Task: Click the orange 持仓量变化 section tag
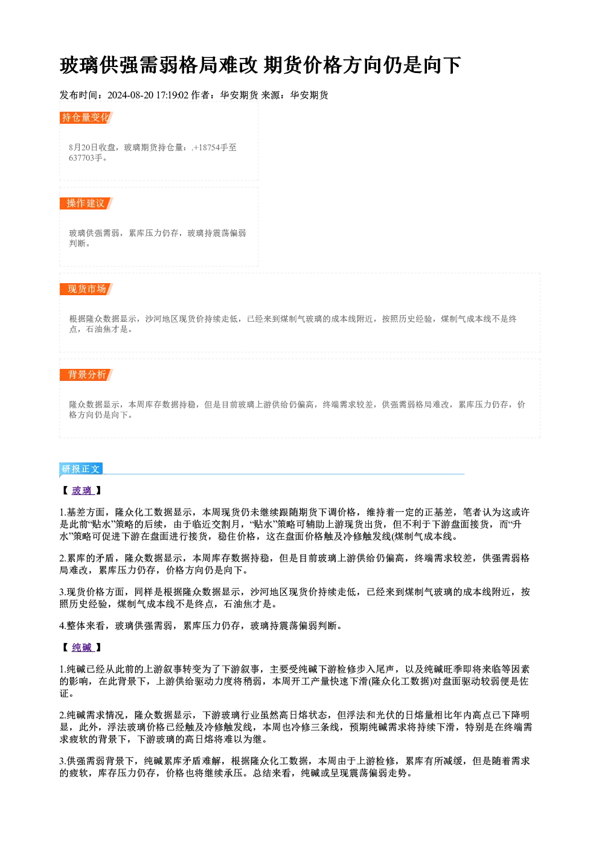[86, 118]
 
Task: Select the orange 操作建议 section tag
[86, 203]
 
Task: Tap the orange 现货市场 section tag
[86, 289]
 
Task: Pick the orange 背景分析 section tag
[86, 375]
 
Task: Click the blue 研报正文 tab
[81, 469]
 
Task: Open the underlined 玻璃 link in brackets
[82, 491]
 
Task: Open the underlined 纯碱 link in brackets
[82, 647]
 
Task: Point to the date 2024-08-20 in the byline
[130, 95]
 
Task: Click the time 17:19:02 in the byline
[172, 95]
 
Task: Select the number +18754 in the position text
[207, 148]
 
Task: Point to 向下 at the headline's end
[441, 65]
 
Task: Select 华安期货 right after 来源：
[309, 95]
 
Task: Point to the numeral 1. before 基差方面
[63, 513]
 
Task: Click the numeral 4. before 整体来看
[63, 626]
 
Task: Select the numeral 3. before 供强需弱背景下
[63, 761]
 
